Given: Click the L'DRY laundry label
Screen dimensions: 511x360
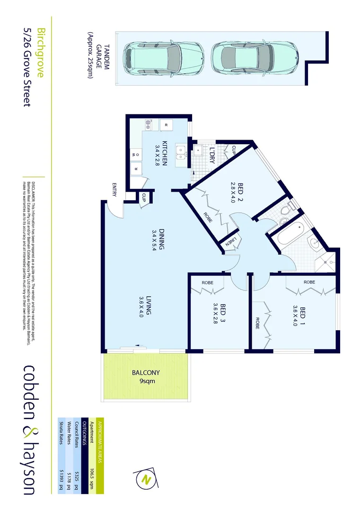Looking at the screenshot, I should point(212,156).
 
